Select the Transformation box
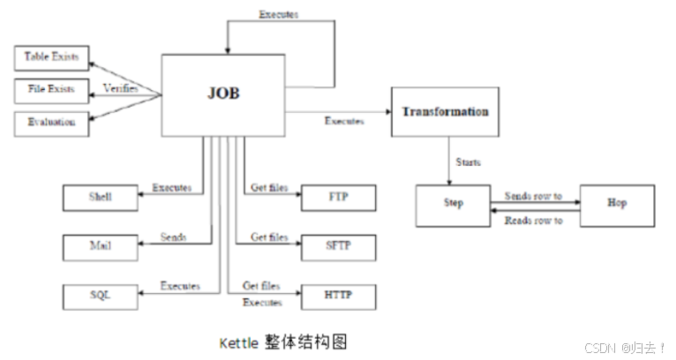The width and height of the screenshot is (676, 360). click(x=445, y=111)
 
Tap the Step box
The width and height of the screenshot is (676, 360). click(x=453, y=205)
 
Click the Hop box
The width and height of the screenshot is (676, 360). click(x=616, y=205)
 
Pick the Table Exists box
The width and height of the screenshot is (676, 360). click(x=52, y=58)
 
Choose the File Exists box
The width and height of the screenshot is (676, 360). click(x=52, y=89)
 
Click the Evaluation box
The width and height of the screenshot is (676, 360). click(x=52, y=122)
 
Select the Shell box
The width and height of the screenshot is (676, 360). click(x=101, y=198)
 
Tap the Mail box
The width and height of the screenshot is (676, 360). click(x=101, y=246)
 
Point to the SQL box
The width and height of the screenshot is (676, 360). click(x=101, y=296)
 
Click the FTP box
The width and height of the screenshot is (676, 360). click(x=339, y=198)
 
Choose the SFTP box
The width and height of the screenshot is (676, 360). click(x=339, y=246)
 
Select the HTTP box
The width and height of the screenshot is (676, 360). click(x=339, y=296)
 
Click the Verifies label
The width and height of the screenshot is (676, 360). click(x=120, y=88)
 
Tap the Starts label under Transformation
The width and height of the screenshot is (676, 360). click(x=468, y=163)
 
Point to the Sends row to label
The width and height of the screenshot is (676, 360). click(x=533, y=195)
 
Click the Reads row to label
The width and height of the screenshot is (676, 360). click(x=533, y=220)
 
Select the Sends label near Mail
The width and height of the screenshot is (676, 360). click(x=173, y=237)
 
